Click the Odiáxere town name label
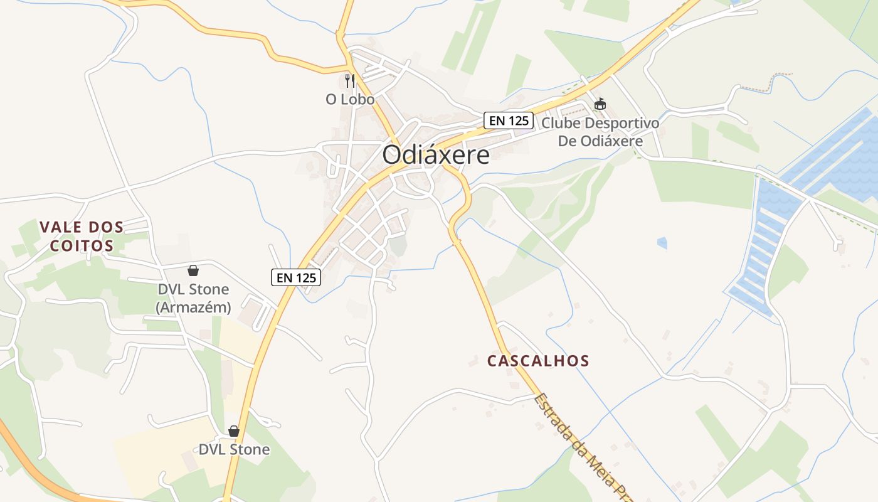coord(436,155)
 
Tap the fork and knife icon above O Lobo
coord(350,81)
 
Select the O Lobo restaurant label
coord(350,99)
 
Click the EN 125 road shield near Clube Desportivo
coord(508,120)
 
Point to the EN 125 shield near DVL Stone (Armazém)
coord(296,277)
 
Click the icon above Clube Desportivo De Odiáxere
coord(600,104)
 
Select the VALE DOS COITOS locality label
coord(82,236)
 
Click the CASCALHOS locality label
coord(538,361)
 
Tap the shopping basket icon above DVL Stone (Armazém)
coord(193,270)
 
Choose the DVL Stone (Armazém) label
coord(193,299)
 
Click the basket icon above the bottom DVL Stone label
coord(234,431)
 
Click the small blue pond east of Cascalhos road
coord(662,242)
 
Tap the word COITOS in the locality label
coord(82,245)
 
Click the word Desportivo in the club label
coord(620,123)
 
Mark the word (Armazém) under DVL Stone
coord(193,307)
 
